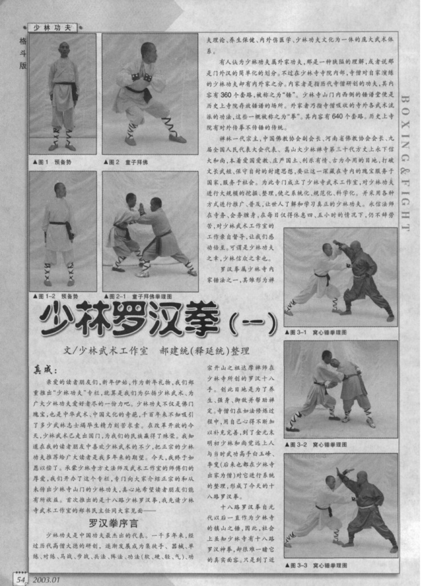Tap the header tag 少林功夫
point(52,27)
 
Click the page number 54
point(21,579)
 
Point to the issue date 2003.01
point(47,579)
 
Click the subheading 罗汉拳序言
point(113,522)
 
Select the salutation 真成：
point(46,370)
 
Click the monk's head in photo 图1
point(63,49)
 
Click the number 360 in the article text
point(225,94)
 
